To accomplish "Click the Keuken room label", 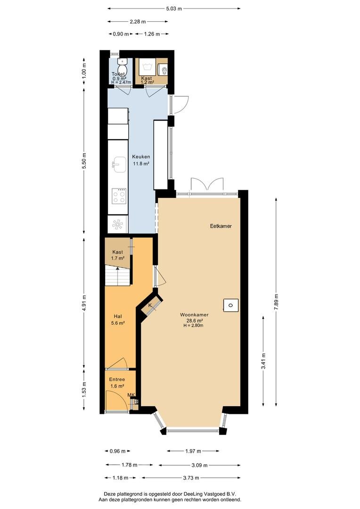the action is [x=141, y=157].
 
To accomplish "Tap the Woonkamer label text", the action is [x=194, y=314].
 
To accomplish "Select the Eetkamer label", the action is [x=221, y=226].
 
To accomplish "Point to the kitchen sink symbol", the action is [x=120, y=164].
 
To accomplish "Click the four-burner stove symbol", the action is [x=119, y=196].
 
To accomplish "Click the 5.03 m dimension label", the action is [x=174, y=9].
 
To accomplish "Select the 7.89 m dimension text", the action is [x=276, y=302].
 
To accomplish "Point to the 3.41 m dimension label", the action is [x=263, y=361].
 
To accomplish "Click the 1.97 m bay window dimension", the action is [x=193, y=451].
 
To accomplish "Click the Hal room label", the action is [x=118, y=316].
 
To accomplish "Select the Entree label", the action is [x=117, y=379].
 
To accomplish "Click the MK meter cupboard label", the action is [x=131, y=395].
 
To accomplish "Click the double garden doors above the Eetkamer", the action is [x=207, y=185].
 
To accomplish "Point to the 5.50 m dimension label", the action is [x=84, y=160].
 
